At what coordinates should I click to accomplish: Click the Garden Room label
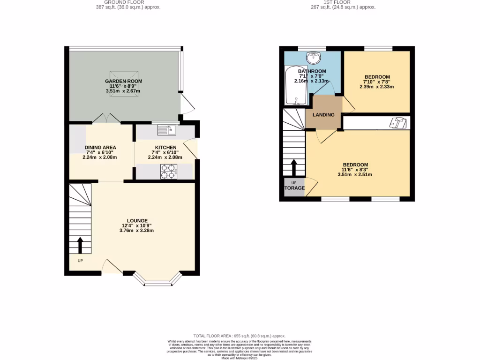point(123,81)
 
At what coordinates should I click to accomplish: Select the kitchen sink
point(166,129)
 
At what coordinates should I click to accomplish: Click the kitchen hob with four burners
point(169,172)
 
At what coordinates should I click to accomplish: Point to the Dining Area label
point(100,147)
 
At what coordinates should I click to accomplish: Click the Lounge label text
point(137,220)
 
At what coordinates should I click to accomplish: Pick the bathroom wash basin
point(312,58)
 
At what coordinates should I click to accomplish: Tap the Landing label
point(323,115)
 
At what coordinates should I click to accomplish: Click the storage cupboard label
point(294,188)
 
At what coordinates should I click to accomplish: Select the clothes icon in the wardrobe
point(399,122)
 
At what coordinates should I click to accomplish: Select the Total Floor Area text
point(240,336)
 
